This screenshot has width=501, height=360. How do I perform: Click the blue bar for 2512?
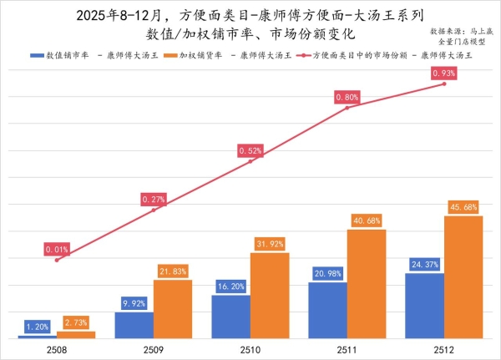point(424,306)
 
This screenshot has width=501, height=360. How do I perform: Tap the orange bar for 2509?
point(173,309)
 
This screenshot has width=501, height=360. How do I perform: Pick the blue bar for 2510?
point(230,317)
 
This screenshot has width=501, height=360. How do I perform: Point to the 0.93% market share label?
point(443,74)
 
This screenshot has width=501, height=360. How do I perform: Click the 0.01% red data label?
point(57,249)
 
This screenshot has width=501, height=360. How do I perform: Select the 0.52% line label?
point(250,151)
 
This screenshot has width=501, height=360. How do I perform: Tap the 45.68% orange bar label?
point(463,206)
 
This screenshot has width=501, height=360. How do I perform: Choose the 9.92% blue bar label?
point(134,302)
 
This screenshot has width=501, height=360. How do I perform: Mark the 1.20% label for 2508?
point(38,326)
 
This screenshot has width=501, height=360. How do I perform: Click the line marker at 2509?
point(154,210)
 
